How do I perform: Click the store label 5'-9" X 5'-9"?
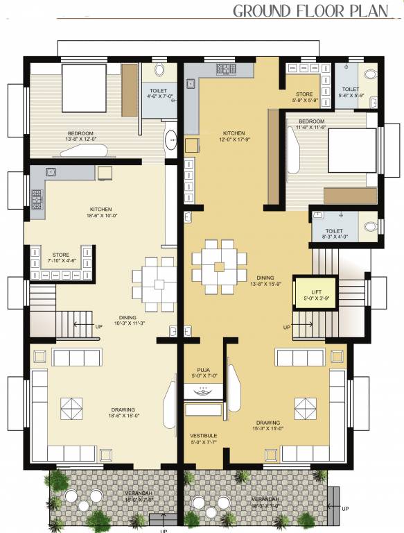304,97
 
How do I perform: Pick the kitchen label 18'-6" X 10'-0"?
101,212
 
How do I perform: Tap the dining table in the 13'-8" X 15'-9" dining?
219,266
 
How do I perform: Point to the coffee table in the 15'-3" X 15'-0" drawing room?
304,405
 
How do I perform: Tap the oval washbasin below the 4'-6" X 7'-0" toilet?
170,141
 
